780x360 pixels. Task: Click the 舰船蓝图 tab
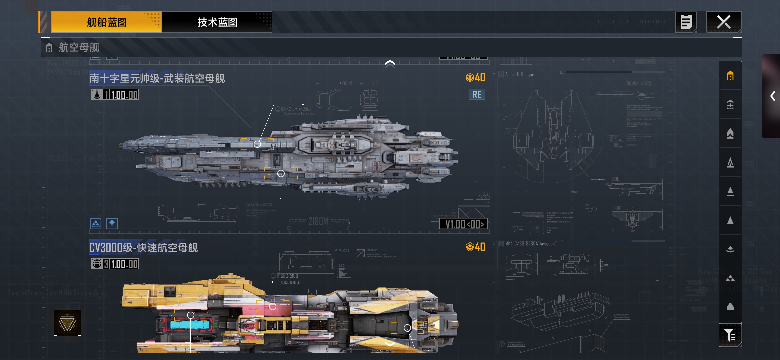click(106, 22)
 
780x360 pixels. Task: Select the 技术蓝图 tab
click(217, 22)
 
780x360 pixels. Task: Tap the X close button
click(724, 22)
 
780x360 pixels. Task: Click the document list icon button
click(686, 22)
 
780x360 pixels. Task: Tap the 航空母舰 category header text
click(79, 48)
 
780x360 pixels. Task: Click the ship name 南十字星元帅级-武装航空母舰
click(157, 79)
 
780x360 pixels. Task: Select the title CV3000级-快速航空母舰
click(144, 248)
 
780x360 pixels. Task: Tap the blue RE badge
click(477, 95)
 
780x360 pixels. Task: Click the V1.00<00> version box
click(464, 224)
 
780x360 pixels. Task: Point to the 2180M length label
click(318, 221)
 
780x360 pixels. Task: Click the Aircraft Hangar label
click(519, 75)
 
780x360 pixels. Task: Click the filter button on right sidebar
click(730, 335)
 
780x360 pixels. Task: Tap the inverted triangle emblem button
click(67, 323)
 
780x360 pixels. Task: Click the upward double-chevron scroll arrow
click(390, 63)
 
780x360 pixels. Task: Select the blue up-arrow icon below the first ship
click(112, 223)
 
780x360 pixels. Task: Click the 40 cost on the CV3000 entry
click(476, 247)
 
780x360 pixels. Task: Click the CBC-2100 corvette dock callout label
click(289, 276)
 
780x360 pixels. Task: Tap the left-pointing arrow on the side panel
click(773, 96)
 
